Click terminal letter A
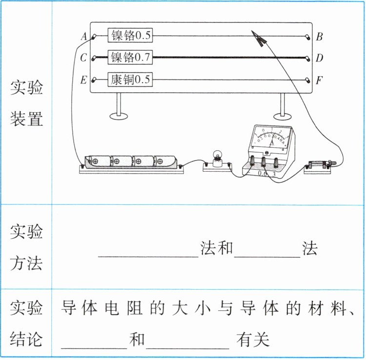[x=83, y=36]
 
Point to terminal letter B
[x=319, y=36]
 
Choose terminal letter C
[x=83, y=58]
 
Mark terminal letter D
[x=319, y=58]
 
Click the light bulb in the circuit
[x=217, y=158]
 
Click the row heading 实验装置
[x=27, y=103]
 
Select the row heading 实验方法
[x=27, y=247]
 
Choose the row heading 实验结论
[x=27, y=323]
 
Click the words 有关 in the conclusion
[x=253, y=340]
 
